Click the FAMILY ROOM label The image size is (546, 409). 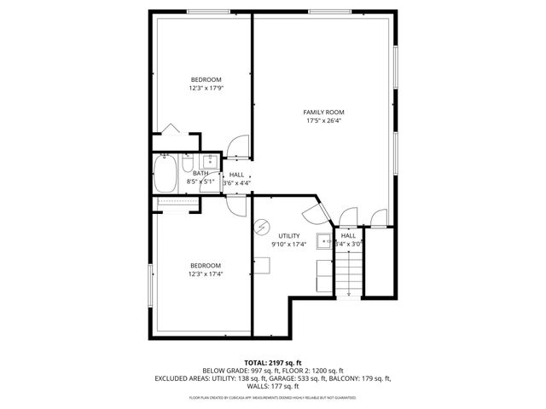[x=323, y=112]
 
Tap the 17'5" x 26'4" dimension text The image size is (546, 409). [x=323, y=121]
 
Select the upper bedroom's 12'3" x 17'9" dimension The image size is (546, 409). [x=205, y=88]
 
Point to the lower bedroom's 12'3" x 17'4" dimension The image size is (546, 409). [x=205, y=274]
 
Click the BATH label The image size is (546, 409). [x=200, y=174]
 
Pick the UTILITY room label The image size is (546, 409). [x=289, y=235]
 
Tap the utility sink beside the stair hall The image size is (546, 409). [x=324, y=240]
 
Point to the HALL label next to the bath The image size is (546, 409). [x=236, y=174]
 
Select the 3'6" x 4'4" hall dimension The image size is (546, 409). [x=235, y=182]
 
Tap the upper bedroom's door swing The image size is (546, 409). [x=240, y=147]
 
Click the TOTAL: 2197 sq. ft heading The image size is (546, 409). [x=272, y=363]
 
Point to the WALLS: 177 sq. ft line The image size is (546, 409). [x=272, y=386]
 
